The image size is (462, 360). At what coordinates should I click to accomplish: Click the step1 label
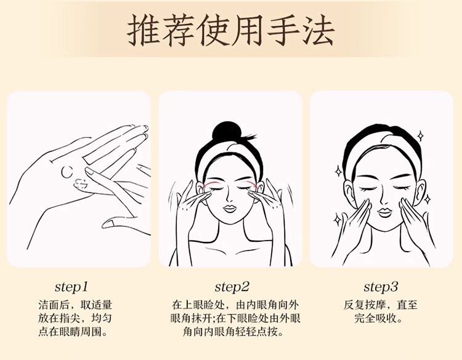pos(71,287)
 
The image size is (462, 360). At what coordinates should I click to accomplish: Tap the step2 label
pos(232,287)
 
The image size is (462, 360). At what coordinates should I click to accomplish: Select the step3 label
pos(381,287)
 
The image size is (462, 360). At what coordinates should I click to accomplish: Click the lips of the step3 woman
pos(385,212)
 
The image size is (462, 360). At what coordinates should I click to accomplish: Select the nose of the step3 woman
pos(384,201)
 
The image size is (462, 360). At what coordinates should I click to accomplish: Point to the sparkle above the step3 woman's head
pos(421,136)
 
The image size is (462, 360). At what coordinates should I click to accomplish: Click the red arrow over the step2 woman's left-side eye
pos(211,183)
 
